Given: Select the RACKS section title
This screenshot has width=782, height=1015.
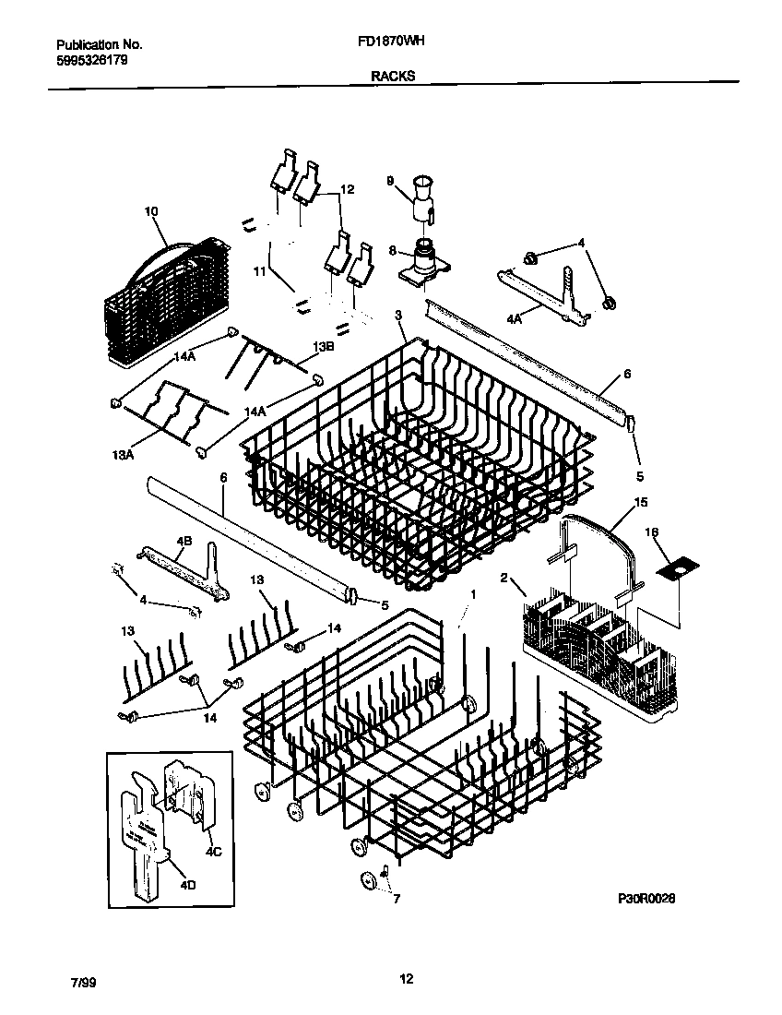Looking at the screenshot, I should click(x=393, y=78).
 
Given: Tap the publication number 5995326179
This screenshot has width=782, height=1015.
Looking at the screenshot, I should click(x=92, y=60).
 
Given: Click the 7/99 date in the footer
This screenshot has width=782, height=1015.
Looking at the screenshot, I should click(x=81, y=984).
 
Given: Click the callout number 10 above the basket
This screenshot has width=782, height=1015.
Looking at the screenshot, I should click(x=151, y=211).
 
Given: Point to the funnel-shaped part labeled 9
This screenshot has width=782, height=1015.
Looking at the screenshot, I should click(x=423, y=189).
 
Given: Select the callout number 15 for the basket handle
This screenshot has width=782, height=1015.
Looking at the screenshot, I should click(x=641, y=503).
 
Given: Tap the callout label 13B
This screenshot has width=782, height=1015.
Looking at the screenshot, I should click(x=322, y=346).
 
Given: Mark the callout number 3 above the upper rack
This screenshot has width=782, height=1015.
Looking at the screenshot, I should click(x=398, y=316).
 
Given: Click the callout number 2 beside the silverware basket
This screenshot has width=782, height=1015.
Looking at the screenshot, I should click(x=504, y=578).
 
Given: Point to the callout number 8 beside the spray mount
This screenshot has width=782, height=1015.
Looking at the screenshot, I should click(x=392, y=249).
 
